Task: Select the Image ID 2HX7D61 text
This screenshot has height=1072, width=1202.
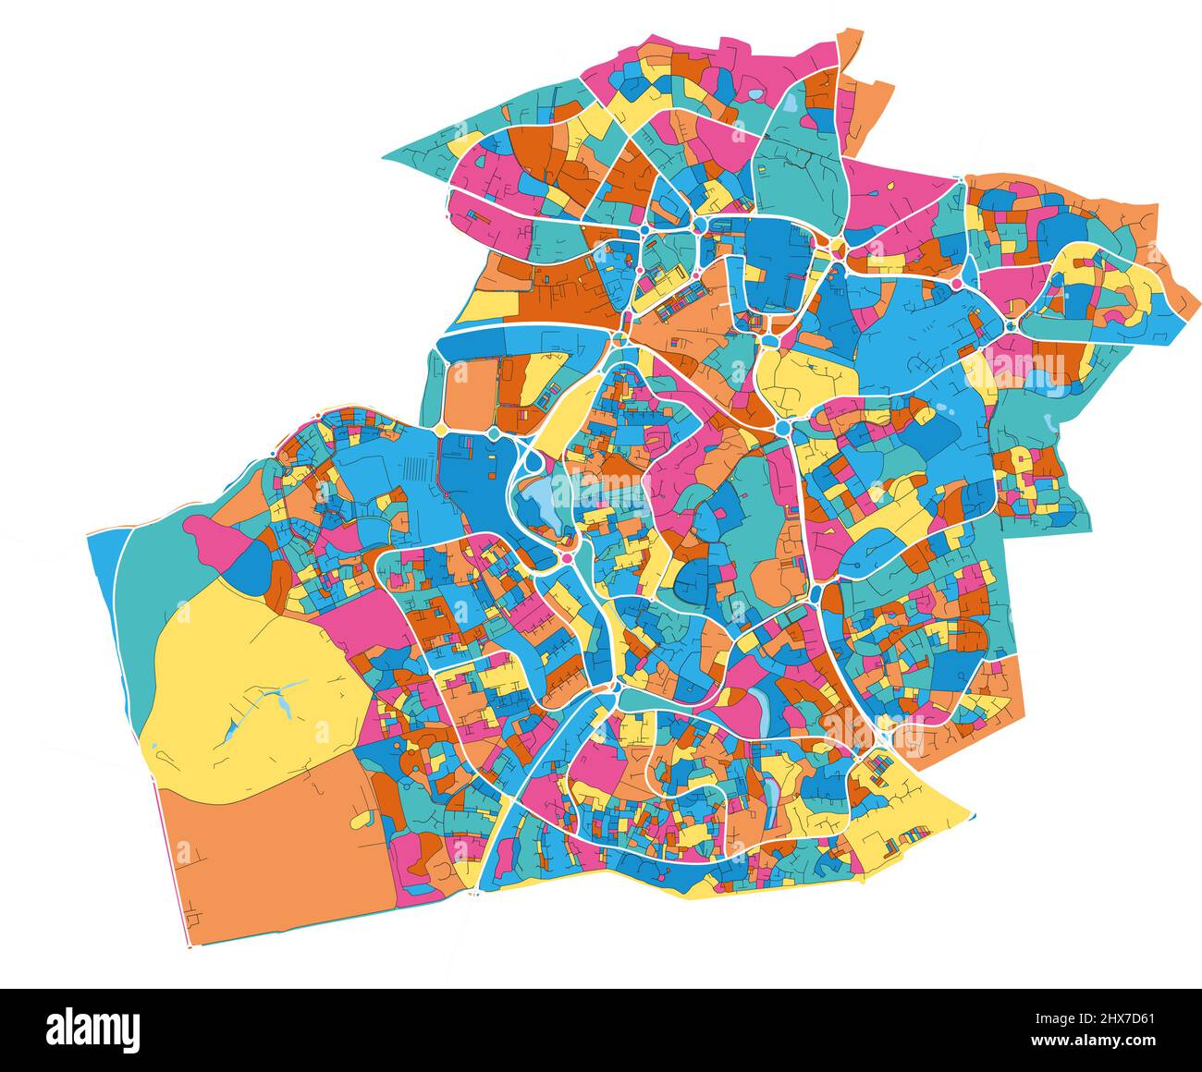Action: pyautogui.click(x=1100, y=1018)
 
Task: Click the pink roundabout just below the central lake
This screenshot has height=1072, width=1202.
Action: pyautogui.click(x=566, y=559)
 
